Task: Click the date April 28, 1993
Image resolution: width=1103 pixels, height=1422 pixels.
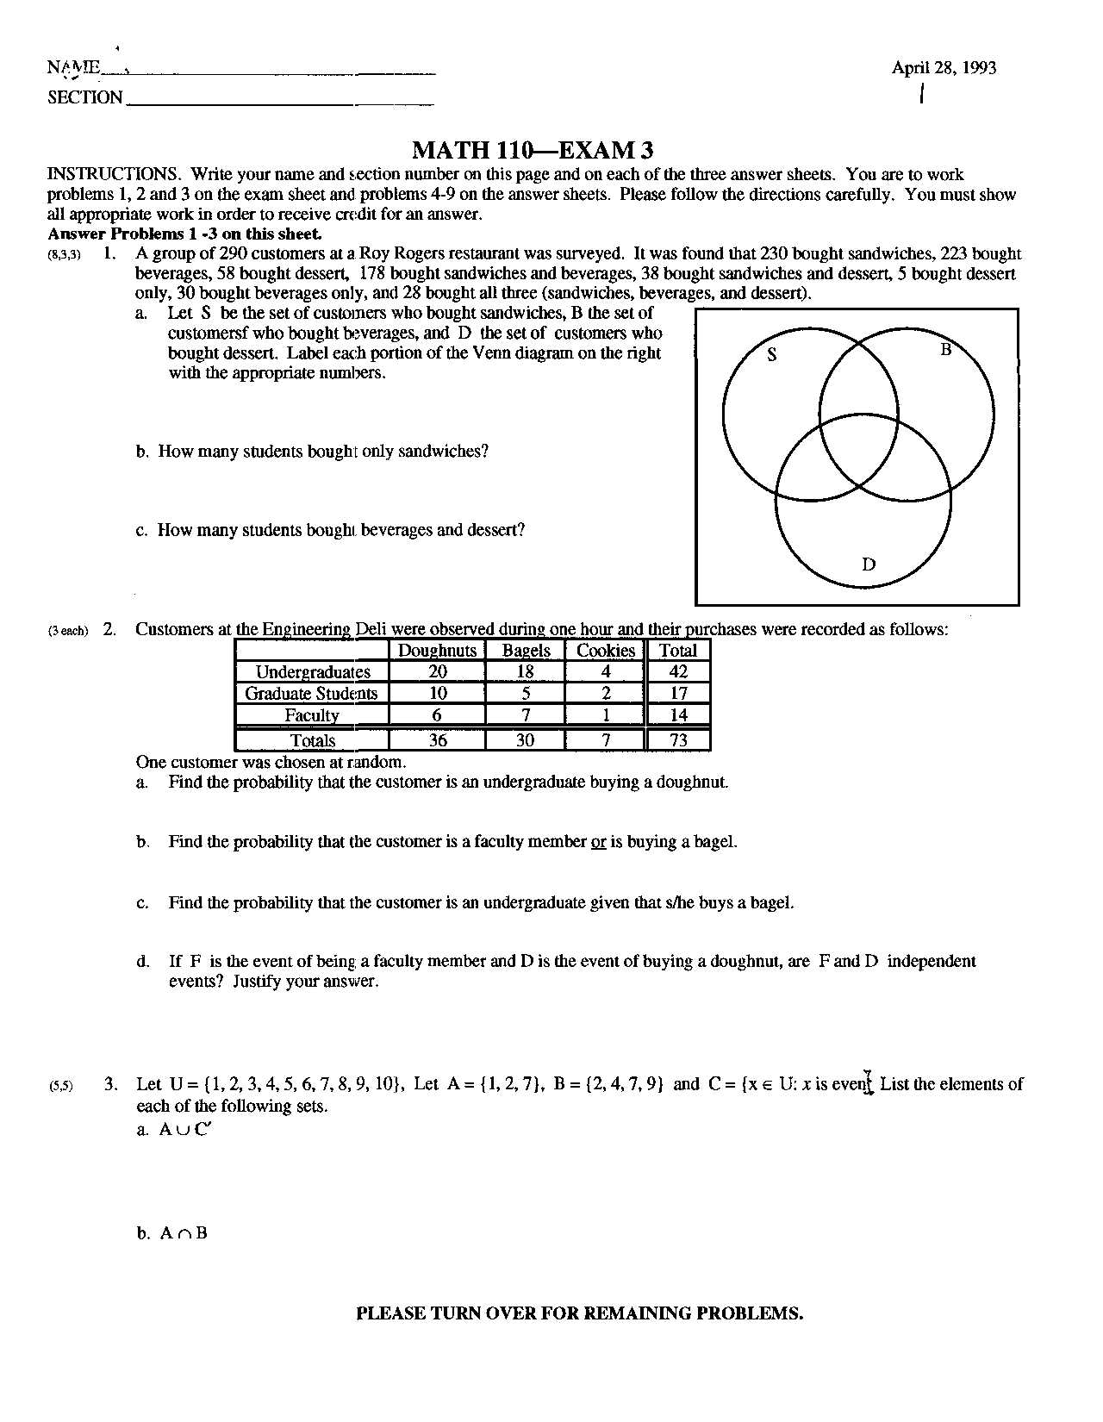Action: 944,68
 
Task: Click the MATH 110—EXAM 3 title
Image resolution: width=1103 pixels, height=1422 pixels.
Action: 533,151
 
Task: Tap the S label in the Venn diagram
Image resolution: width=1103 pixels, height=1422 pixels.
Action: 772,353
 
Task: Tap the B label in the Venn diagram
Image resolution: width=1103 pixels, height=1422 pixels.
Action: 944,350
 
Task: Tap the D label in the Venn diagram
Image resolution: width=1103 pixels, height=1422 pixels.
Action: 868,564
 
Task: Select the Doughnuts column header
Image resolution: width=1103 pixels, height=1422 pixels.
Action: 437,651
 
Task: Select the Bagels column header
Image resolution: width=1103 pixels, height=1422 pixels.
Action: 525,651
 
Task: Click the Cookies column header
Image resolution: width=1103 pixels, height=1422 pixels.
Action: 605,651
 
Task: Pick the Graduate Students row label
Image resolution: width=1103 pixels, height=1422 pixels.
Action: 311,694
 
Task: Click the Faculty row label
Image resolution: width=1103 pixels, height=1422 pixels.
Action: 311,715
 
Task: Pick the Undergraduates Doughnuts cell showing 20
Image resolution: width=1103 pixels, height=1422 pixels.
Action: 437,672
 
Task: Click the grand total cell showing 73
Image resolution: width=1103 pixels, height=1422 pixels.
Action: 678,740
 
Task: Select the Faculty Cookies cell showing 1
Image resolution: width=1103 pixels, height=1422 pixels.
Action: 606,715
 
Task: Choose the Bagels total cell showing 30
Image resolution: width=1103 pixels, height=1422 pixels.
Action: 525,740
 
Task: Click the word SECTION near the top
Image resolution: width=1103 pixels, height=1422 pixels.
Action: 85,97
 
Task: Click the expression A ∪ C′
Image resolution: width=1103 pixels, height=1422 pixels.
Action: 184,1131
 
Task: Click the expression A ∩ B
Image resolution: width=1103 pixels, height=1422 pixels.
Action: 184,1233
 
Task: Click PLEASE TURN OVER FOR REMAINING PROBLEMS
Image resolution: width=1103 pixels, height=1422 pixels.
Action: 580,1313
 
